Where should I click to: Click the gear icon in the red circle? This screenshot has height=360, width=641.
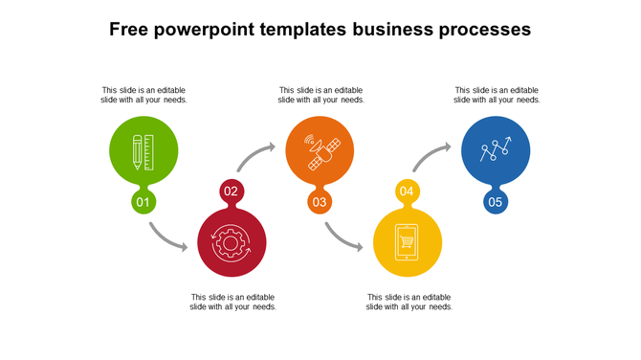point(232,243)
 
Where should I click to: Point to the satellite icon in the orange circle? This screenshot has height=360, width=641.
point(320,151)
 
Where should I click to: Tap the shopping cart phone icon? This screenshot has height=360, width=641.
point(408,243)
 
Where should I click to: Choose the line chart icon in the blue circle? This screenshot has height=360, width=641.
point(496,150)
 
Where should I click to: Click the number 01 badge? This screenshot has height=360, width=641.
point(144,202)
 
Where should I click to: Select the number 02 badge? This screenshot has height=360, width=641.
point(232,191)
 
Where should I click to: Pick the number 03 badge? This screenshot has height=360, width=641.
point(320,202)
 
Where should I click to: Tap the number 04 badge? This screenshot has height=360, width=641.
point(408,191)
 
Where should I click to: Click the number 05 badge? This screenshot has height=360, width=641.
point(496,202)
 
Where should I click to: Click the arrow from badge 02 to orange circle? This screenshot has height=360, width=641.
point(255,156)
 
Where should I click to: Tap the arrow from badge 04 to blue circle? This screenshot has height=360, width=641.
point(431,156)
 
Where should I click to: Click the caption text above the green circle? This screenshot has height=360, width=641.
point(144,95)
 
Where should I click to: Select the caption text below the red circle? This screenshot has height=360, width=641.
point(233,302)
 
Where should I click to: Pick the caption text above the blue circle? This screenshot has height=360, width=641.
point(497,95)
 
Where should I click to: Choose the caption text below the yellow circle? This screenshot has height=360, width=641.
point(409,302)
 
